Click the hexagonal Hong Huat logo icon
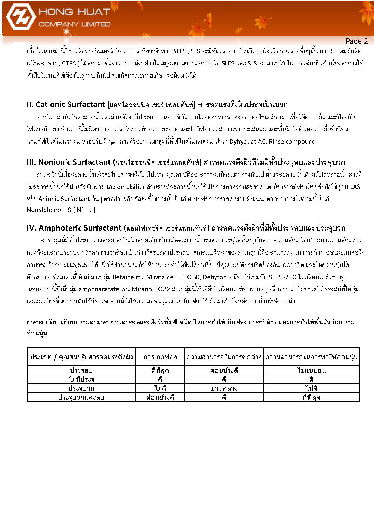point(20,19)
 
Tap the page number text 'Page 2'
point(356,41)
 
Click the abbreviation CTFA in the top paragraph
point(69,63)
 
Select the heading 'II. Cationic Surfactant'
point(66,104)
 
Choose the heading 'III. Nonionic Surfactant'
point(69,162)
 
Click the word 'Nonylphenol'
point(45,210)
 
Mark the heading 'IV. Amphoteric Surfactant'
point(74,228)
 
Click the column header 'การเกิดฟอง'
point(160,357)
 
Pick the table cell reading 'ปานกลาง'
point(224,388)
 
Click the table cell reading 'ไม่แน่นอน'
point(311,370)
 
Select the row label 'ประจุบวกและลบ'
point(81,397)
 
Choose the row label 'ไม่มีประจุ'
point(81,379)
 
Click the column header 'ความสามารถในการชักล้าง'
point(224,357)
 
